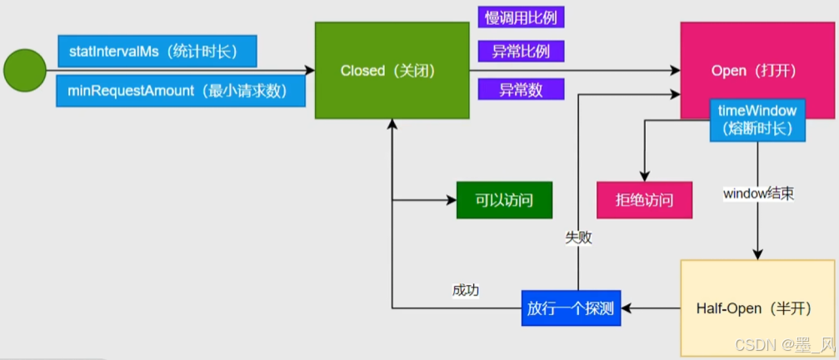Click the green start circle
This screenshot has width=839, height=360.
(25, 71)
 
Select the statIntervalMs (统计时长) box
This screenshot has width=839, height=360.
(157, 52)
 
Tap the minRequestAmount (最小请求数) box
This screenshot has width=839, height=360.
(181, 91)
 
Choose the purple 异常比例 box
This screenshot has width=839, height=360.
(520, 52)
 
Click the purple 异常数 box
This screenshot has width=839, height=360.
(520, 89)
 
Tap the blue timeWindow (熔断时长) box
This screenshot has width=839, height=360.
(758, 120)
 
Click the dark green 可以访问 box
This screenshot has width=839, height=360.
(505, 200)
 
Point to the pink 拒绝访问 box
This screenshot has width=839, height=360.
(644, 200)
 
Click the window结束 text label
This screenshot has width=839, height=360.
(758, 193)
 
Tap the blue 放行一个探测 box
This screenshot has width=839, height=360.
(571, 308)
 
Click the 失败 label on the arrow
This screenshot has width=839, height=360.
(578, 237)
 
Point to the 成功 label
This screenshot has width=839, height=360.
(466, 290)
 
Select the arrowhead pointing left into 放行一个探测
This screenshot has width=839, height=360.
(627, 308)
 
